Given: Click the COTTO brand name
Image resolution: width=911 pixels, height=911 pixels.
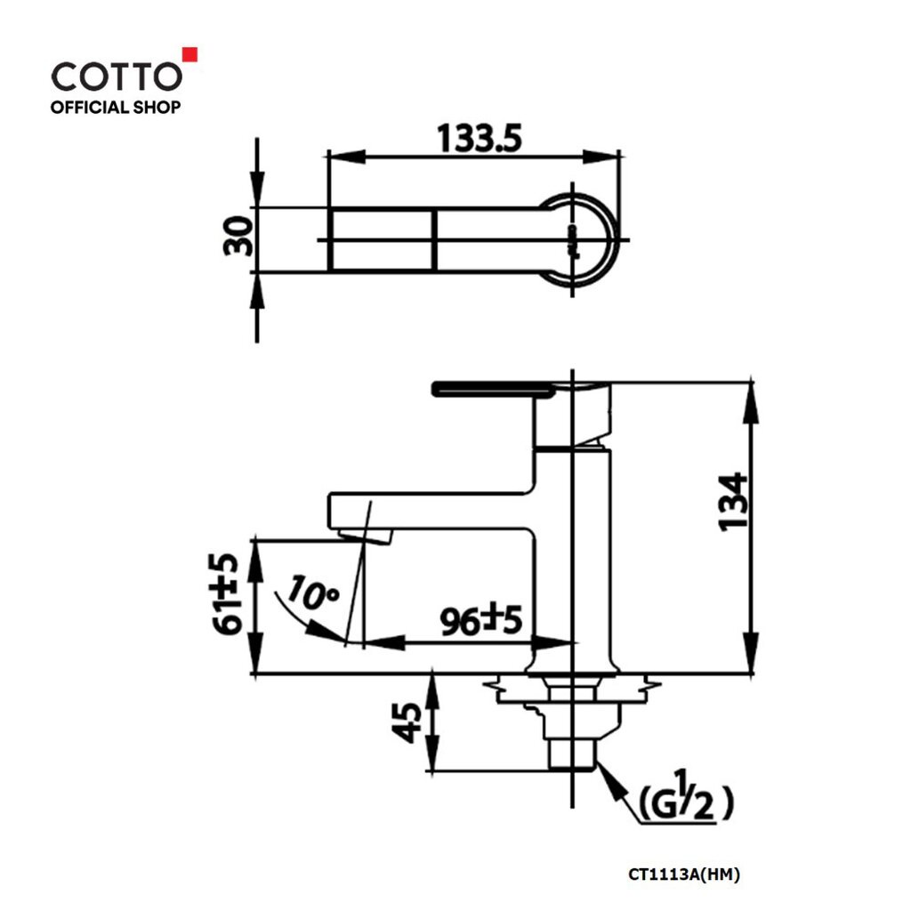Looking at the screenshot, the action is pyautogui.click(x=117, y=77).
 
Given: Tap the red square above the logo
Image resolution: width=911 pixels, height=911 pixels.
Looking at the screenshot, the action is pyautogui.click(x=190, y=54).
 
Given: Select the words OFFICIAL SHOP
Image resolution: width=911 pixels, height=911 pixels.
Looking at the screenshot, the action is pyautogui.click(x=116, y=107).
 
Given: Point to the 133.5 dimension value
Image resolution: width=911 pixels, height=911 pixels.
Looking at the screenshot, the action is pyautogui.click(x=480, y=138).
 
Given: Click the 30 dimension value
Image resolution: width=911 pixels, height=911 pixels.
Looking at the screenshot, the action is pyautogui.click(x=238, y=236).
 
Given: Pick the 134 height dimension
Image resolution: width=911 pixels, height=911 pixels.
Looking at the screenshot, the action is pyautogui.click(x=733, y=502).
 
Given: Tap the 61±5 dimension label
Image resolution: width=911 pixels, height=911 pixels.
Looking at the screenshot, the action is pyautogui.click(x=223, y=593).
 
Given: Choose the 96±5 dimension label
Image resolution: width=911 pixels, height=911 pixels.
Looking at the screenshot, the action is pyautogui.click(x=481, y=620).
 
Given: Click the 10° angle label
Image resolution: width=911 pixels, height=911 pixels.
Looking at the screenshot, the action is pyautogui.click(x=312, y=593).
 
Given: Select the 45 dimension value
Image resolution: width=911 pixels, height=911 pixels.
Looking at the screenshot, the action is pyautogui.click(x=407, y=722).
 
